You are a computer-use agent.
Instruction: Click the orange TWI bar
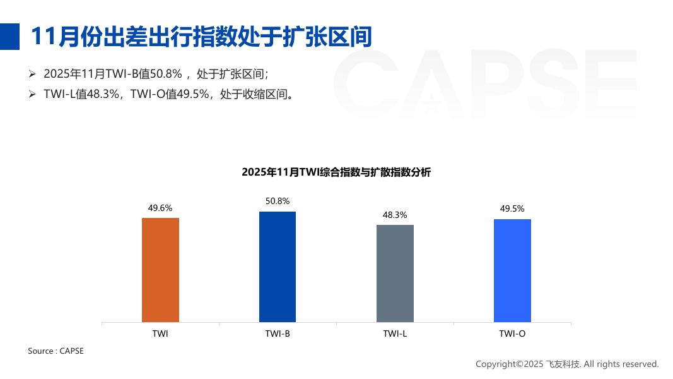pos(160,270)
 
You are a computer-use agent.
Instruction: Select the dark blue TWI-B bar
pos(278,267)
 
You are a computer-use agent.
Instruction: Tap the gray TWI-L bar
pos(395,273)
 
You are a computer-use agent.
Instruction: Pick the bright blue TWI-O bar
pos(512,270)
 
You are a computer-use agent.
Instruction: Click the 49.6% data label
pos(160,207)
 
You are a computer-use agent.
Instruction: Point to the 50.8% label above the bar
pos(278,201)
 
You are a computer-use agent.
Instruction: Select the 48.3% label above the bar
pos(395,215)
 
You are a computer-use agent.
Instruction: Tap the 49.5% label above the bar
pos(512,208)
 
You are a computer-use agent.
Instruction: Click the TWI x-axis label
pos(160,334)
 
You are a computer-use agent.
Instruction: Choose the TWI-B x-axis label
pos(278,334)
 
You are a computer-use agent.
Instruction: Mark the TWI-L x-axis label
pos(395,334)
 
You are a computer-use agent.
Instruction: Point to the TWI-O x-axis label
pos(512,334)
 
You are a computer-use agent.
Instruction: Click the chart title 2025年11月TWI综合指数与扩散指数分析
pos(336,172)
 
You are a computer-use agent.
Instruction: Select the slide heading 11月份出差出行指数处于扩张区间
pos(201,36)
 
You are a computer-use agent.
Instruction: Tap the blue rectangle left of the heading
pos(9,36)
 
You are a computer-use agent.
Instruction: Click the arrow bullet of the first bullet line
pos(32,74)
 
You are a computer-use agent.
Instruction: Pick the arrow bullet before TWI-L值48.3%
pos(32,94)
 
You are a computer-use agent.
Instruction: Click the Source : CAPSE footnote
pos(56,351)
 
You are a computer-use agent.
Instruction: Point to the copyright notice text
pos(566,364)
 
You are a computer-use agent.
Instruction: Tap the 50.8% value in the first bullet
pos(166,74)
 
